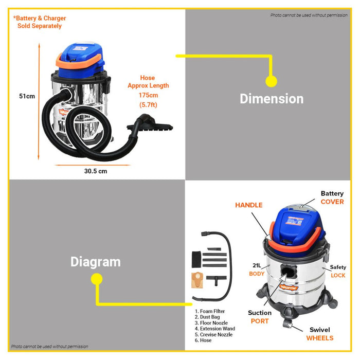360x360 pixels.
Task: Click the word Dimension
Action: click(x=272, y=98)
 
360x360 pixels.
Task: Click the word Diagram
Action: click(x=96, y=262)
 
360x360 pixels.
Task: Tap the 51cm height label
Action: click(x=27, y=96)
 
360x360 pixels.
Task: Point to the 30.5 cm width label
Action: click(x=96, y=171)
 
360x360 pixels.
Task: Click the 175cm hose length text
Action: click(x=148, y=95)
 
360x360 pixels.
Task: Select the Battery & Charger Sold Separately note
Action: click(x=40, y=22)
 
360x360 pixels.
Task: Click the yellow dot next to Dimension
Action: click(x=271, y=81)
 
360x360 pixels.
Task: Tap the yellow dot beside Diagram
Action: click(x=96, y=279)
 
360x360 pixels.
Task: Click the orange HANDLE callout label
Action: click(x=249, y=205)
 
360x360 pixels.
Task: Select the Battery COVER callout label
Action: click(x=332, y=197)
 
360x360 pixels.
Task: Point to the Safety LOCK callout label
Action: click(x=338, y=271)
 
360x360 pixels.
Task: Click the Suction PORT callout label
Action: click(x=260, y=317)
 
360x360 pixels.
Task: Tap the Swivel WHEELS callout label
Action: click(x=320, y=334)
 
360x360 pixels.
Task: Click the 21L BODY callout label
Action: click(x=257, y=270)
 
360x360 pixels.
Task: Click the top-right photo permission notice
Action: click(x=309, y=15)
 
